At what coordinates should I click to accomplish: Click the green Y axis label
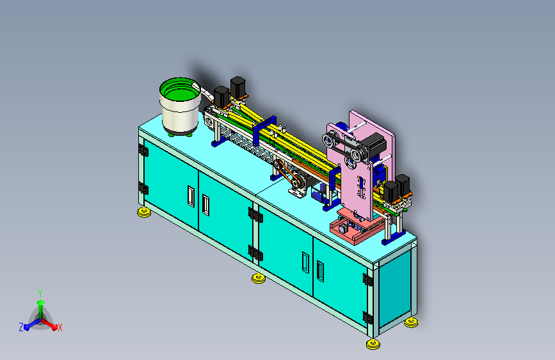click(x=40, y=293)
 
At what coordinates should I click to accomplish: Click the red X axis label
click(x=60, y=327)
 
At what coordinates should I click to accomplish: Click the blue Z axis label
click(x=21, y=327)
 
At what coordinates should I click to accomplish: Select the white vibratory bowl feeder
click(x=181, y=106)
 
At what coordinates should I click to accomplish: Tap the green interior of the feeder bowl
click(x=180, y=92)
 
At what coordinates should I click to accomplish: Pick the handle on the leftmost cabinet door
click(x=191, y=196)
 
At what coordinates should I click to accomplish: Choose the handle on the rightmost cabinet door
click(x=320, y=272)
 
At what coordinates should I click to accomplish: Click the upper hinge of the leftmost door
click(x=143, y=151)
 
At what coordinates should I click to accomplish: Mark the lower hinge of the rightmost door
click(x=367, y=318)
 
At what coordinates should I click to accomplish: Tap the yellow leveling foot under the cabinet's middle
click(x=259, y=278)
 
